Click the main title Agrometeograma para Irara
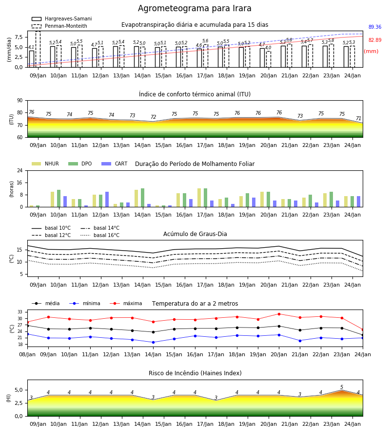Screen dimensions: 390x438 point(195,8)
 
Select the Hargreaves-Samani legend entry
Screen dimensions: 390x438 point(62,18)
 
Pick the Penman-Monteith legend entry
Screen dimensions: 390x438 point(59,26)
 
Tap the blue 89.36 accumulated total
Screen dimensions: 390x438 point(375,27)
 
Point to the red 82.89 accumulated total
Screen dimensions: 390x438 point(375,40)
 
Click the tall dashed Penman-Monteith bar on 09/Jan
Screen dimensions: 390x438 point(38,49)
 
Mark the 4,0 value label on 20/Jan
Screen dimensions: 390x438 point(268,48)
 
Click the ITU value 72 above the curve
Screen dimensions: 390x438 point(153,117)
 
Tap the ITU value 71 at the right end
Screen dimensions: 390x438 point(358,118)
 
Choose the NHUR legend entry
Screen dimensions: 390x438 point(45,164)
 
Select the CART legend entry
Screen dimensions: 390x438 point(115,164)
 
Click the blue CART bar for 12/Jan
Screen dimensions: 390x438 point(107,200)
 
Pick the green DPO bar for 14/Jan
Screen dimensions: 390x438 point(143,198)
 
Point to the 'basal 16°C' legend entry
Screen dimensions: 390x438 point(100,235)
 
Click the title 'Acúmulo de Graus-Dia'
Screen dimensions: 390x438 point(195,234)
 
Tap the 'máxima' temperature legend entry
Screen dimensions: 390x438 point(126,303)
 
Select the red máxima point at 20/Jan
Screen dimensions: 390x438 point(279,314)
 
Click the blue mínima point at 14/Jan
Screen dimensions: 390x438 point(153,342)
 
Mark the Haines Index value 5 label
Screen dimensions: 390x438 point(342,387)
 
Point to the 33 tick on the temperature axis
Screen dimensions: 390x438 point(20,312)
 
